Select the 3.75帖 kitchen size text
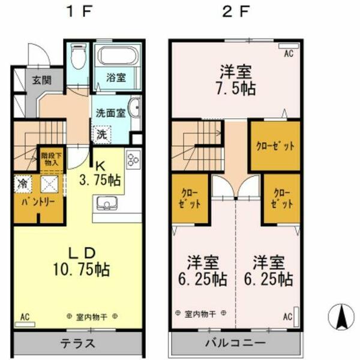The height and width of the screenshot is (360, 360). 101,179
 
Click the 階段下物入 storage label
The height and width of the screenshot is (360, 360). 50,158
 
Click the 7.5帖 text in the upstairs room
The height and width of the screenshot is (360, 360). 235,88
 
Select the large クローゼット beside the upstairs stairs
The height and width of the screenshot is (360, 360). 275,146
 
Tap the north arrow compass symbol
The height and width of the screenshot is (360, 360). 340,317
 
